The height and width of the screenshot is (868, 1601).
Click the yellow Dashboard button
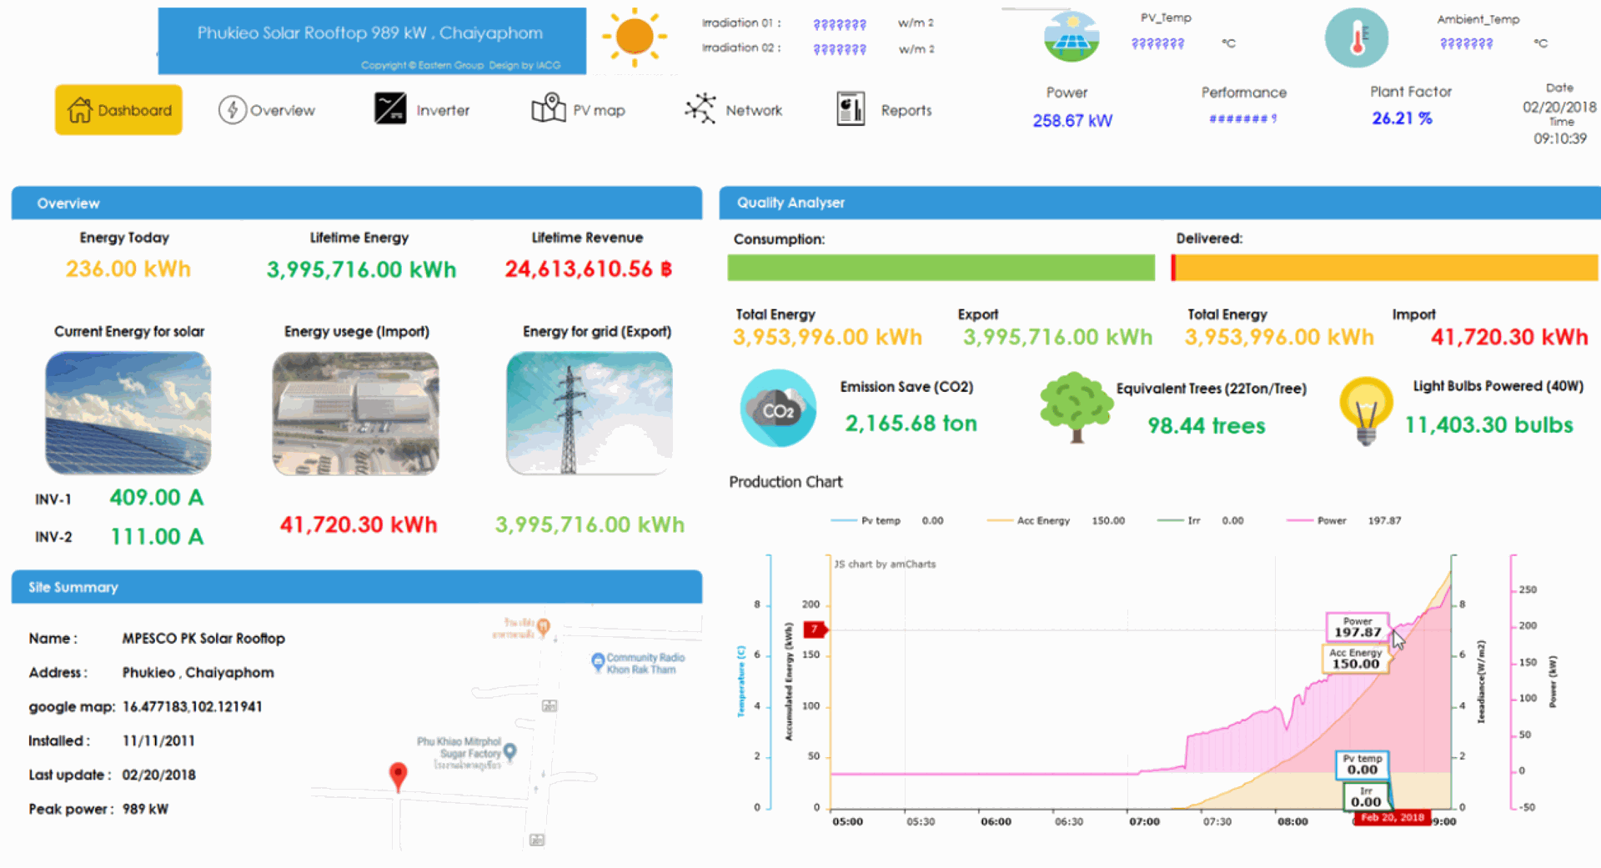pyautogui.click(x=118, y=110)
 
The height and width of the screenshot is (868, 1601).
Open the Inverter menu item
pyautogui.click(x=422, y=109)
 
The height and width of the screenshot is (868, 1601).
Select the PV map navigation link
pyautogui.click(x=578, y=109)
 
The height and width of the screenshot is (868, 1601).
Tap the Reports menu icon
pyautogui.click(x=851, y=109)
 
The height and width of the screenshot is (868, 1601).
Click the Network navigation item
pyautogui.click(x=733, y=109)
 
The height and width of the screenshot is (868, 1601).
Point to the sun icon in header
pyautogui.click(x=635, y=38)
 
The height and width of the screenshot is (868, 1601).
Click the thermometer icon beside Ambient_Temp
pyautogui.click(x=1356, y=38)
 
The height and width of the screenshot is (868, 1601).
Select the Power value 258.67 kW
pyautogui.click(x=1072, y=121)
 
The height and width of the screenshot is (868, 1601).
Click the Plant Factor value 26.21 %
pyautogui.click(x=1402, y=118)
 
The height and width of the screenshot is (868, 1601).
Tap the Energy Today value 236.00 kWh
pyautogui.click(x=128, y=269)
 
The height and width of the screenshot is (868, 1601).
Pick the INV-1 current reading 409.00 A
pyautogui.click(x=157, y=498)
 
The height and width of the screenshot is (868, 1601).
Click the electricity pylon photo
pyautogui.click(x=589, y=413)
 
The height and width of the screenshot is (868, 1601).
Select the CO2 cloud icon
pyautogui.click(x=778, y=409)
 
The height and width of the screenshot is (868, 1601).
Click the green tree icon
pyautogui.click(x=1075, y=406)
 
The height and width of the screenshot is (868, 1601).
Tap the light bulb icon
pyautogui.click(x=1365, y=409)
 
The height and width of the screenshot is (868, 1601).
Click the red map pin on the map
pyautogui.click(x=399, y=775)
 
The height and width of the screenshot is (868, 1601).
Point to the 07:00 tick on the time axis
pyautogui.click(x=1144, y=821)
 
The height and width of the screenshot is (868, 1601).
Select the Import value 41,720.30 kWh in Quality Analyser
pyautogui.click(x=1508, y=337)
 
